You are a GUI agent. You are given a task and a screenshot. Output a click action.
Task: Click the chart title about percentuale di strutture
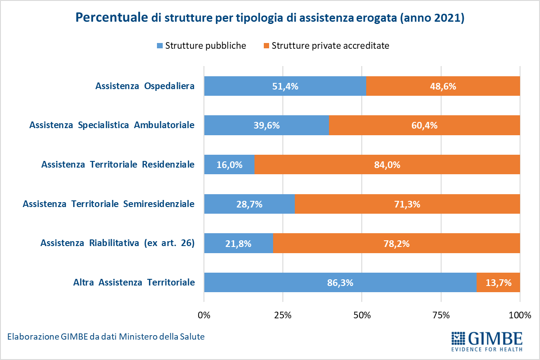click(270, 18)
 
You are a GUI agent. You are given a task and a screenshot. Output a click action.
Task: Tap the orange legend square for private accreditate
click(266, 46)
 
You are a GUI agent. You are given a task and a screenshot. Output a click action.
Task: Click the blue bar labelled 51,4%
click(285, 86)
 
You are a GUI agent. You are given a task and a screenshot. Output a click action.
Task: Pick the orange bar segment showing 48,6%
click(443, 86)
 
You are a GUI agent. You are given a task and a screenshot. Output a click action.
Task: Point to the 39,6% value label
click(266, 125)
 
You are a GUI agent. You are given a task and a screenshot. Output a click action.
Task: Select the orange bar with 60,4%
click(424, 125)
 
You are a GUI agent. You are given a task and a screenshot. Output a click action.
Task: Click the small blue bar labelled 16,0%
click(229, 165)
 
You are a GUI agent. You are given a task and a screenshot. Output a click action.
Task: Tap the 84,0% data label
click(387, 165)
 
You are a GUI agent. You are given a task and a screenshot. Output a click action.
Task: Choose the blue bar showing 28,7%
click(249, 204)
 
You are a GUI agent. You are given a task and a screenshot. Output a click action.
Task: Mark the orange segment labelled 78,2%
click(396, 243)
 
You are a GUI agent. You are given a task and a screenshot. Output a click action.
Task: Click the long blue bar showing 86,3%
click(340, 282)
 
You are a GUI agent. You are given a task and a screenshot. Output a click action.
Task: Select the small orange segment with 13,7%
click(498, 282)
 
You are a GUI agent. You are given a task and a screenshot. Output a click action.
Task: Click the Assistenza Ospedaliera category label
click(145, 86)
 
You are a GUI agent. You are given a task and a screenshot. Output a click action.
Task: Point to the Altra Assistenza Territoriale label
click(134, 282)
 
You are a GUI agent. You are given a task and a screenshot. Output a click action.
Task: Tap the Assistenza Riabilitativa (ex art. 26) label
click(117, 243)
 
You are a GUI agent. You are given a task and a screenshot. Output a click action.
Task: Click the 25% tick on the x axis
click(282, 316)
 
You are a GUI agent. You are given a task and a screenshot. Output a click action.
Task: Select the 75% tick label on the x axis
click(441, 316)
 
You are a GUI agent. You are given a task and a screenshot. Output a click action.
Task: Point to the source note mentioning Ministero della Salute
click(106, 337)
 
